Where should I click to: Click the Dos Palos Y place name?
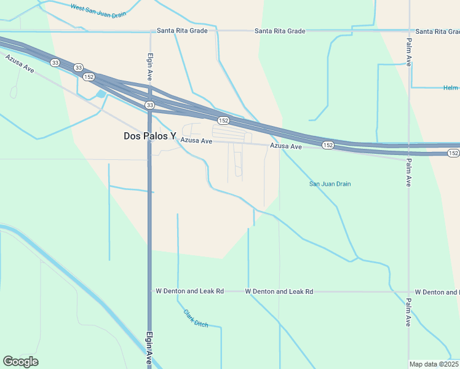coord(149,137)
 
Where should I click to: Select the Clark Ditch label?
coord(196,318)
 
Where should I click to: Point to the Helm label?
coord(451,88)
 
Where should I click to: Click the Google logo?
coord(20,362)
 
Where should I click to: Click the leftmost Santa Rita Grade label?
coord(182,31)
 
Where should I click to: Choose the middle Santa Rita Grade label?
coord(280,31)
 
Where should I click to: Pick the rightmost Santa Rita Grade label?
coord(437,31)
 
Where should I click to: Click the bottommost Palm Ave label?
coord(408,312)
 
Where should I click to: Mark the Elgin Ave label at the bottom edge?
coord(149,349)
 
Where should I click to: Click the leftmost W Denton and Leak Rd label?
coord(189,291)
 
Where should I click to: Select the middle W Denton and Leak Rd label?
coord(279,291)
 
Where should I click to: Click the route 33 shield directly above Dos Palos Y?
coord(149,106)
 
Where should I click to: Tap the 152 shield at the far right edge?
coord(453,153)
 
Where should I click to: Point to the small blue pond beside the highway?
coord(100,94)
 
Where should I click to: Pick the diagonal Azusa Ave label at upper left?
coord(20,63)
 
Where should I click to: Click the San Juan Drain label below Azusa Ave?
coord(330,184)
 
